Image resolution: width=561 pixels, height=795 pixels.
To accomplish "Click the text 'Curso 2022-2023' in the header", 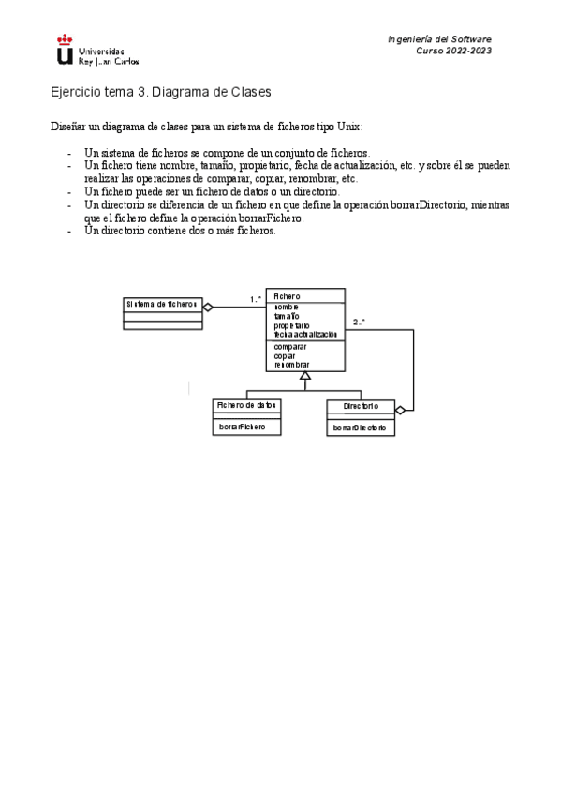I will click(x=453, y=51).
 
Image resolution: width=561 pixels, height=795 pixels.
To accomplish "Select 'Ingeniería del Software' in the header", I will click(x=439, y=38).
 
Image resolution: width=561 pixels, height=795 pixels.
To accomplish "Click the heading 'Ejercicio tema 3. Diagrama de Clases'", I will click(x=160, y=93).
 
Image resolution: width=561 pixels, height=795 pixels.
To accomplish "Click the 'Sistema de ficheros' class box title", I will click(x=162, y=304).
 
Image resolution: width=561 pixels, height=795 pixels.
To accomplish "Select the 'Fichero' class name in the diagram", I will click(x=288, y=296).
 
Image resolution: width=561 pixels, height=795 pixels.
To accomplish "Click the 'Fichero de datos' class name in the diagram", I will click(x=247, y=406).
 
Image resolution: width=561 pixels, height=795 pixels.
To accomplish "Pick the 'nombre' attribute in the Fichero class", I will click(x=287, y=307).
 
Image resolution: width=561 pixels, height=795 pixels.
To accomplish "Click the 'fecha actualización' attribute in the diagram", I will click(x=304, y=334).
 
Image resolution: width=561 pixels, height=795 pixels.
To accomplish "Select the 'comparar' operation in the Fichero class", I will click(x=290, y=346).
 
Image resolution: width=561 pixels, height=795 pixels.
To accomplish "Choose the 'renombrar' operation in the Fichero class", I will click(x=291, y=364).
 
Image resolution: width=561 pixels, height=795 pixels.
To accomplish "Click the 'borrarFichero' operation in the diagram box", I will click(x=243, y=427).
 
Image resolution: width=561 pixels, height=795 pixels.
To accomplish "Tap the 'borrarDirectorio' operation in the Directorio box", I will click(x=360, y=427).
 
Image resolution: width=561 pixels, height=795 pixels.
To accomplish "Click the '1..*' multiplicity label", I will click(x=255, y=300).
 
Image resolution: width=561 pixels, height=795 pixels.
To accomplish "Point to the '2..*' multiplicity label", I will click(x=360, y=322).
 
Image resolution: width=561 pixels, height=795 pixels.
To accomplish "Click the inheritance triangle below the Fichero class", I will click(x=305, y=376).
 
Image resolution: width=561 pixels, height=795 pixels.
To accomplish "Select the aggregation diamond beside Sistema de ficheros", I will click(x=209, y=307).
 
